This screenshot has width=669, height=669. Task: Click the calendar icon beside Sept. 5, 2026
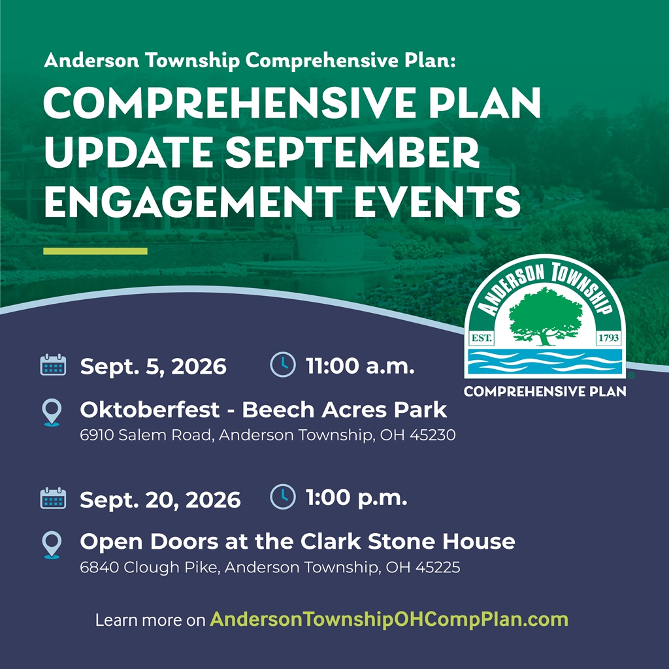[x=53, y=365]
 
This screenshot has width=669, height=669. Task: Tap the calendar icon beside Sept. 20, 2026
[x=53, y=498]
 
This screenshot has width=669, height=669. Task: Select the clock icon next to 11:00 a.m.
[x=283, y=365]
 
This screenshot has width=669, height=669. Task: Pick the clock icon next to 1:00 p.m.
[x=283, y=497]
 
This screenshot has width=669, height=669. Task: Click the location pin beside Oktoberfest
[x=52, y=412]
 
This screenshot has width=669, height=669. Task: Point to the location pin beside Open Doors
[x=52, y=545]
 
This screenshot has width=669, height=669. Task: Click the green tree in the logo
[x=546, y=316]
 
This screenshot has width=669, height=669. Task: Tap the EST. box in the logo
[x=481, y=338]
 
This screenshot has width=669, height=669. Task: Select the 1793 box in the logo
[x=609, y=338]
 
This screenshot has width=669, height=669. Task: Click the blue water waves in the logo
[x=546, y=362]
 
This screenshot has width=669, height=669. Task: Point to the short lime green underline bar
[x=95, y=252]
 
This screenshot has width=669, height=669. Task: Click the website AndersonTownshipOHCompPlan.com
[x=389, y=619]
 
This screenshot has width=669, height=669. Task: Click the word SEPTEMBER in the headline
[x=352, y=152]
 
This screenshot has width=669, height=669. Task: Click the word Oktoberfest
[x=150, y=410]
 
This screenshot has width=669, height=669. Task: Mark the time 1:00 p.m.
[x=357, y=497]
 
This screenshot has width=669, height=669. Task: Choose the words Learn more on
[x=150, y=620]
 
